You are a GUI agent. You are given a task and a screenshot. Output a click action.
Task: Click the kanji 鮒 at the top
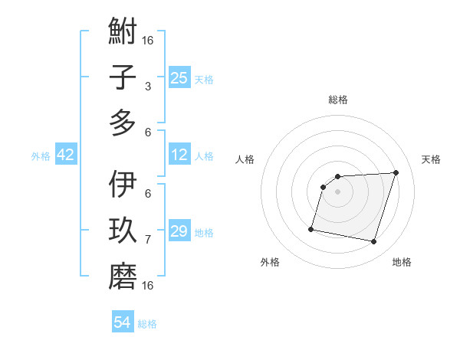pos(123,33)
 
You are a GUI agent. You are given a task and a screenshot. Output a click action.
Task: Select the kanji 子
pos(123,77)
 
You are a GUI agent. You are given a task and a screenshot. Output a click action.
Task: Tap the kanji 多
pos(123,123)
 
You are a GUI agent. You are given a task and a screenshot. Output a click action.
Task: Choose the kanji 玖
pos(123,231)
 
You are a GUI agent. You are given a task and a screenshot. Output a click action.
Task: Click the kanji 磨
pos(123,277)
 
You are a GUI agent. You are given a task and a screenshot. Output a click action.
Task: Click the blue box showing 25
pos(179,78)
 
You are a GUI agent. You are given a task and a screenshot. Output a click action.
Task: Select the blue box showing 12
pos(179,155)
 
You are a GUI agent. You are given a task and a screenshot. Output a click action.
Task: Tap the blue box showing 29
pos(179,231)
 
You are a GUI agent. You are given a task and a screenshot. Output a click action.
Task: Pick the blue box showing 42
pos(66,155)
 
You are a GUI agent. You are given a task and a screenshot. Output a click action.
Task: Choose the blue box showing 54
pos(123,322)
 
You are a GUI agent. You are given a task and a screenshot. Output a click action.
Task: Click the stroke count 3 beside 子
pos(148,87)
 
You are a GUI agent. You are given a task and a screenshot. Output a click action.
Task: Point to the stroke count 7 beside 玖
pos(148,240)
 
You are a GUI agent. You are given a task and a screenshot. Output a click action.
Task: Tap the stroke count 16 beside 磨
pos(149,286)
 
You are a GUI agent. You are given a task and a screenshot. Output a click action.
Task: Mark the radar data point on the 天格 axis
pos(396,172)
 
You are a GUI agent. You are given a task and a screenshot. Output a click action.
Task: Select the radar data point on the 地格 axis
pos(373,242)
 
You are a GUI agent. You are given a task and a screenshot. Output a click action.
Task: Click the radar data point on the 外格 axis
pos(311,228)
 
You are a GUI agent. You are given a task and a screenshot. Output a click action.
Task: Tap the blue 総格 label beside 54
pos(147,324)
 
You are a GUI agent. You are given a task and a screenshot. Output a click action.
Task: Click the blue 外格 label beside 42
pos(41,156)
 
